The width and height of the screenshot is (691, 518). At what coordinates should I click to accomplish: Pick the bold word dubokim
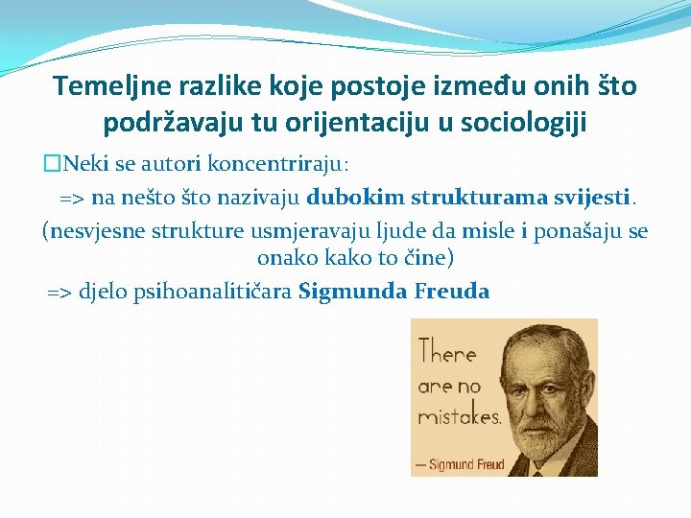(356, 198)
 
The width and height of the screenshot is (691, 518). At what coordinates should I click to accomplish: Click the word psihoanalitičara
(219, 292)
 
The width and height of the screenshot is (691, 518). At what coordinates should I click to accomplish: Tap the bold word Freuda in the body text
(451, 292)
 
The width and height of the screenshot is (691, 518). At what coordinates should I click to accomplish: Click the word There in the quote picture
(447, 353)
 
